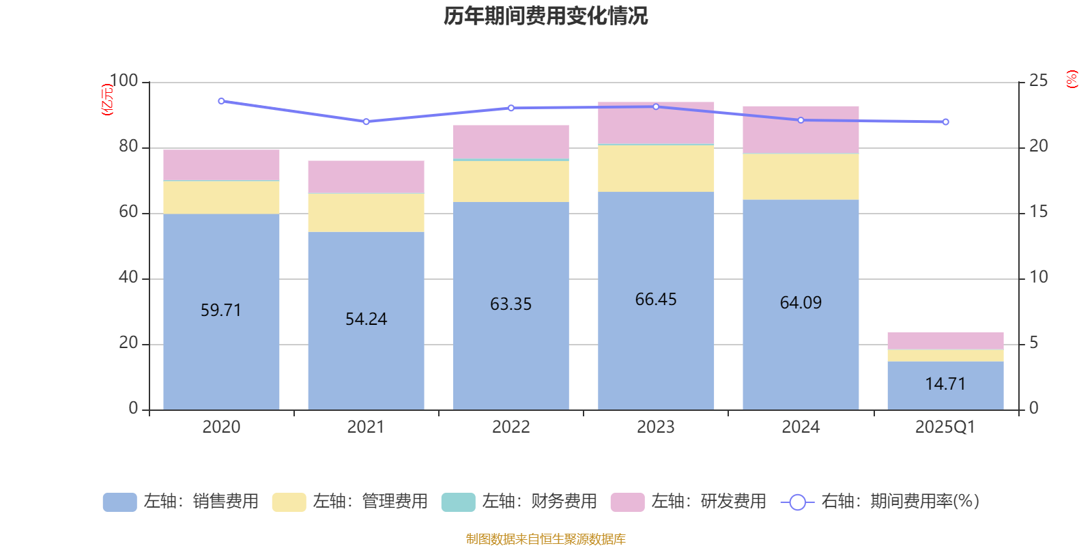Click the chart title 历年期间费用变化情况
click(545, 16)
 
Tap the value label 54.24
click(366, 319)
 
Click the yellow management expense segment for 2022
click(511, 181)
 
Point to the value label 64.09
click(801, 302)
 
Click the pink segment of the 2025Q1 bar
click(945, 341)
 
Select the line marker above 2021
click(366, 121)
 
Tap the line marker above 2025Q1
click(945, 122)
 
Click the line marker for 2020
click(221, 101)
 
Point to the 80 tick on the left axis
click(128, 147)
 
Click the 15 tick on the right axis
click(1038, 212)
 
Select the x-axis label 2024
click(801, 427)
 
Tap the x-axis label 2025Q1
click(945, 427)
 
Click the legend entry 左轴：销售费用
click(181, 502)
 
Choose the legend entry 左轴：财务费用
click(519, 502)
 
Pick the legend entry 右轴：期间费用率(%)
click(880, 502)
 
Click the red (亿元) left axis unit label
click(107, 100)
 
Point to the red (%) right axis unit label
click(1072, 79)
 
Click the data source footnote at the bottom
click(545, 539)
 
